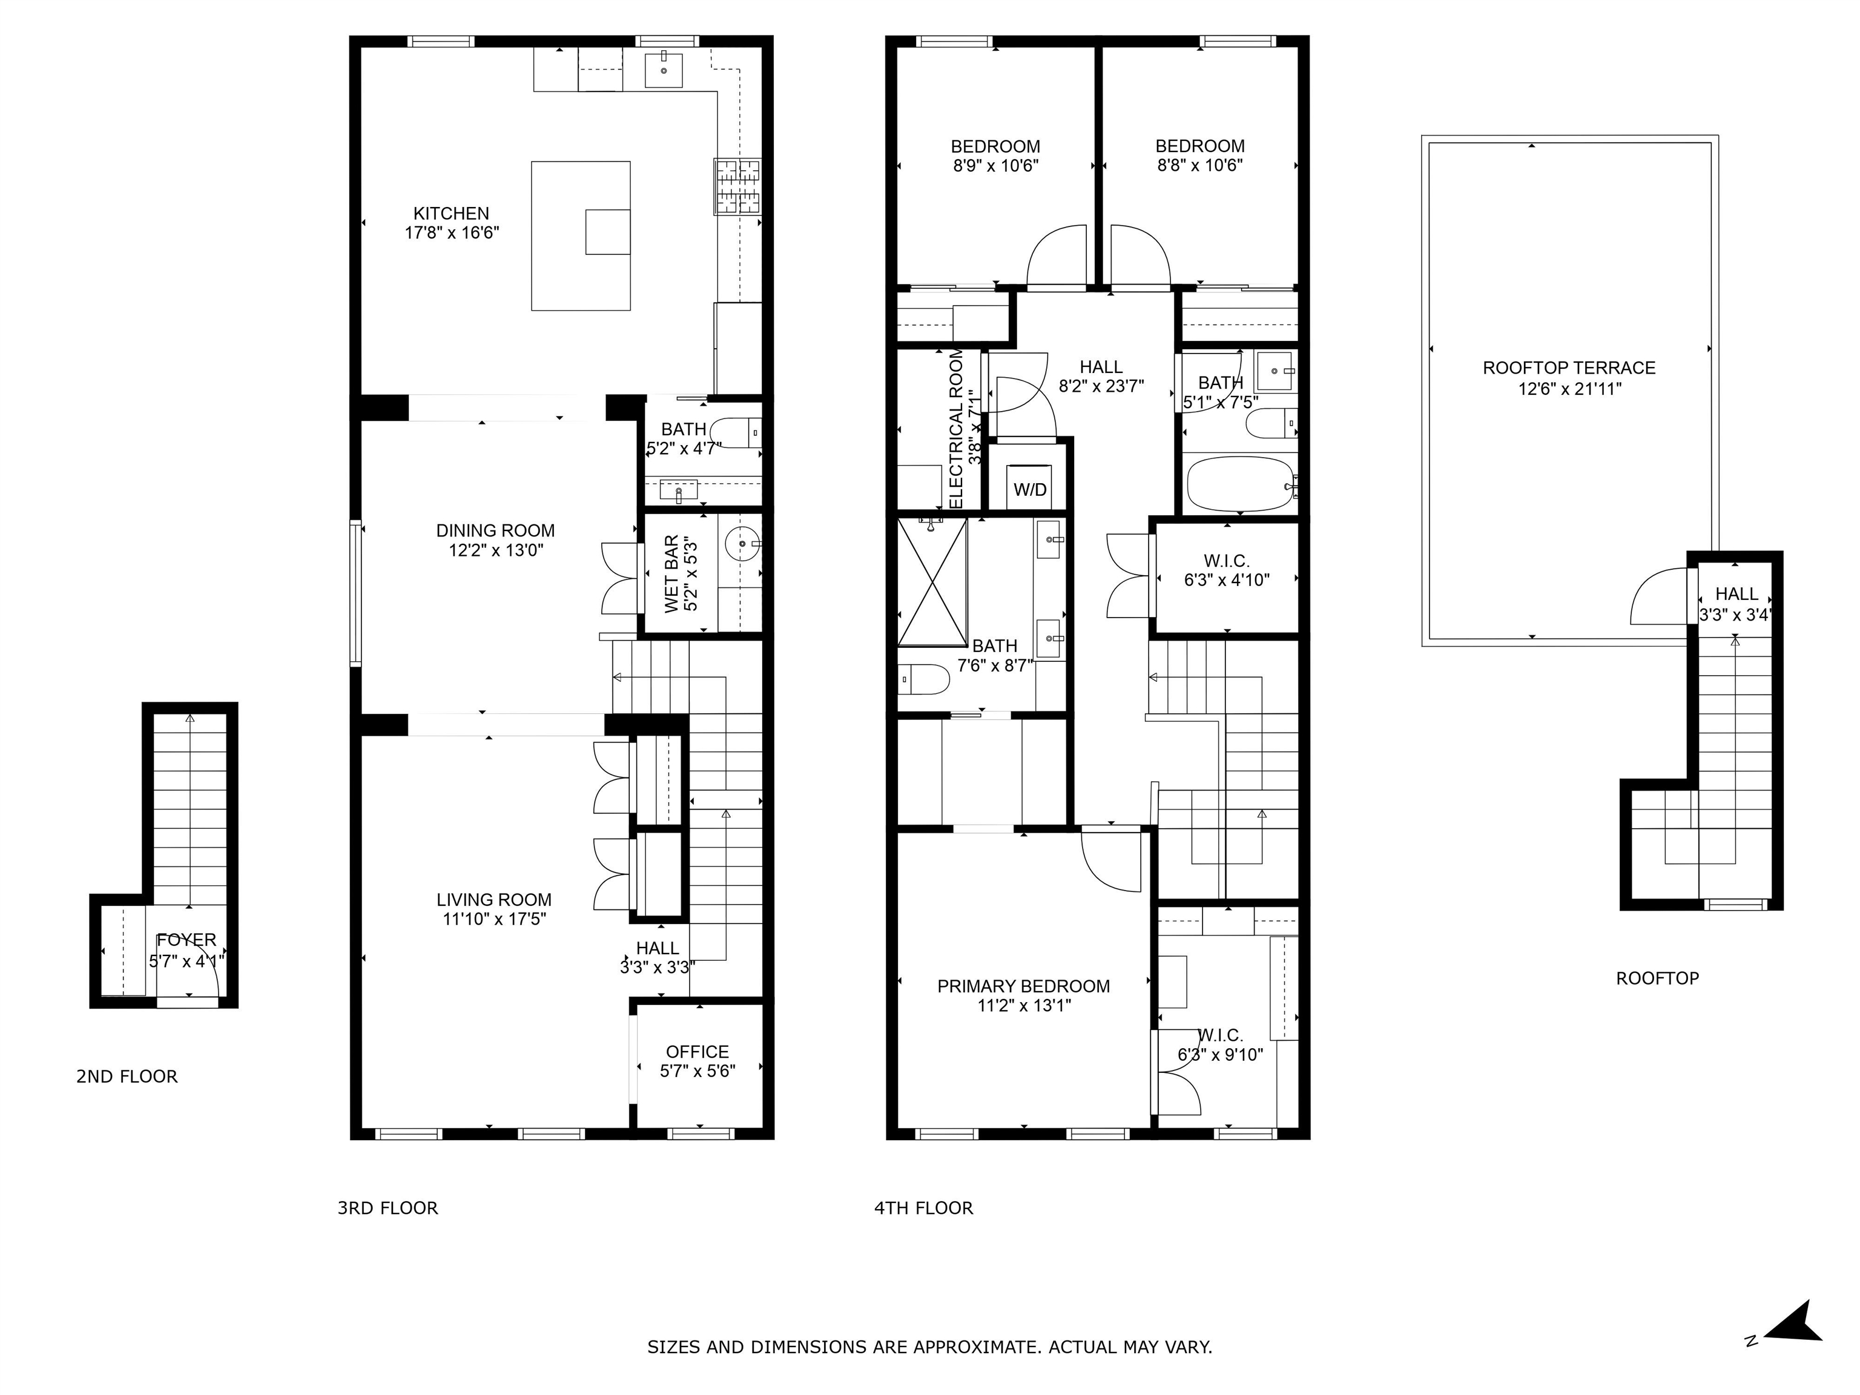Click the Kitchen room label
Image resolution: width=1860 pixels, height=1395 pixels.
[450, 214]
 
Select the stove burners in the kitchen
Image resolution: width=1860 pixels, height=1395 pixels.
[737, 186]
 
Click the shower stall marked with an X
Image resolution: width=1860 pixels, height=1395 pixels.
[932, 582]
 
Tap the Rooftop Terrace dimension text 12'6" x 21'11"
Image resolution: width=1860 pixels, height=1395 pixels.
[1569, 389]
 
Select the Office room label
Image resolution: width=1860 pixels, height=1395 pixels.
[697, 1052]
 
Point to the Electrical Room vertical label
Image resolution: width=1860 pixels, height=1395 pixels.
[956, 429]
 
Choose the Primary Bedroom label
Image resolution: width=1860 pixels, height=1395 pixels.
[1023, 986]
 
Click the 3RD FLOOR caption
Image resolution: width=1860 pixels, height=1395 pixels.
[387, 1209]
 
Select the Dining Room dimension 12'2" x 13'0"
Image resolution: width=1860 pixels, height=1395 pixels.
[495, 551]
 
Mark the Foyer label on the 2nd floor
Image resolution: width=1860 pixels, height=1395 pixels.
[186, 940]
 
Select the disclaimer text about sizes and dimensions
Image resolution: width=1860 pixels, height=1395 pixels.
[929, 1347]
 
